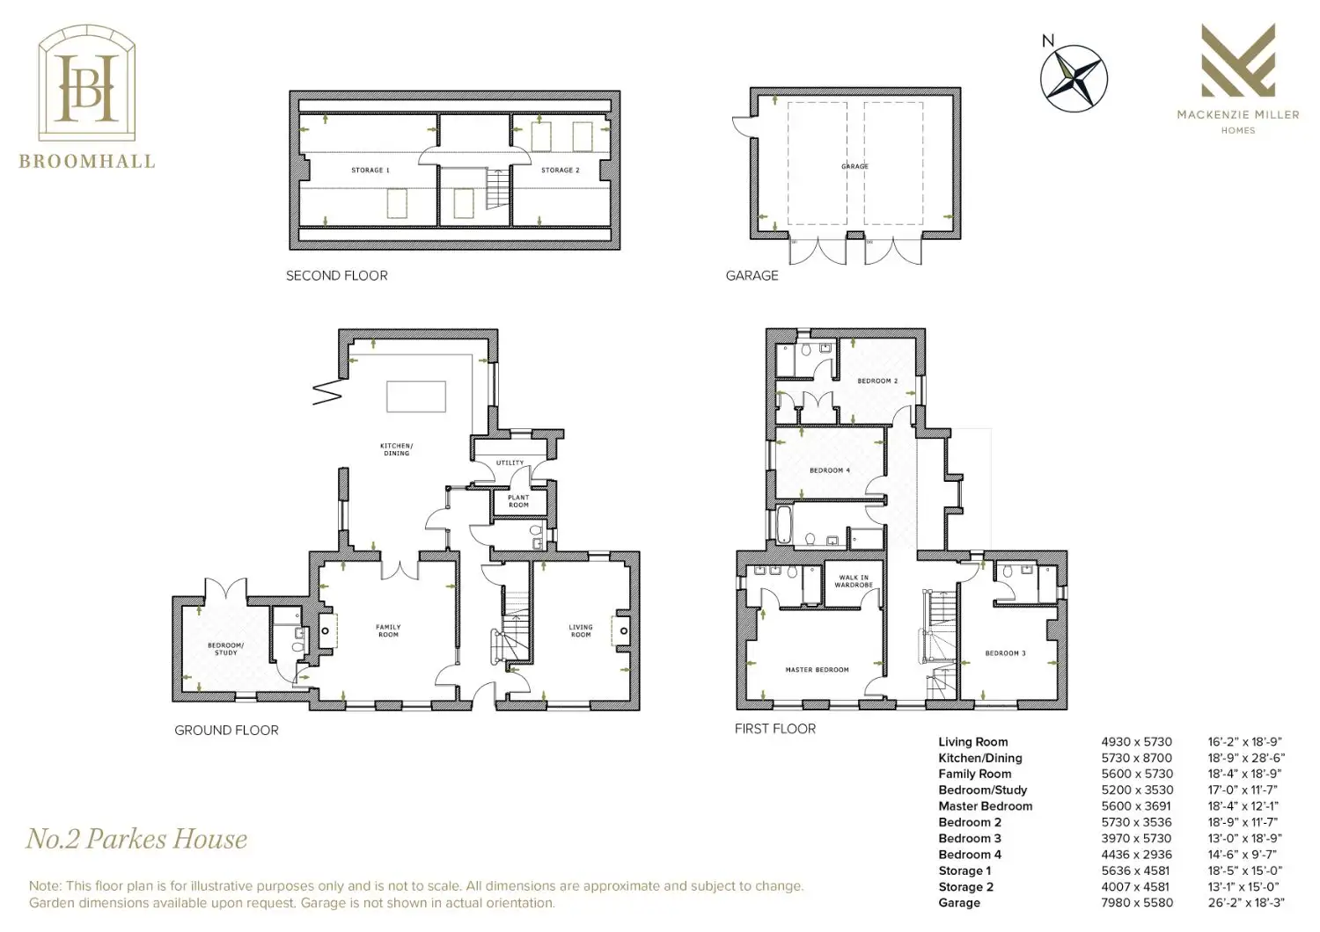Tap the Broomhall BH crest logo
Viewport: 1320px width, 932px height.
(87, 83)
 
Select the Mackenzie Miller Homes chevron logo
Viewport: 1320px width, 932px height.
(1238, 60)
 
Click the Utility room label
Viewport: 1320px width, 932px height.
(510, 462)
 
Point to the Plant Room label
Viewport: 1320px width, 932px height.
(518, 501)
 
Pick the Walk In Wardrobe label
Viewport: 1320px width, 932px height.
(854, 581)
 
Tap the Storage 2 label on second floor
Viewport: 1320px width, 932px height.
(561, 171)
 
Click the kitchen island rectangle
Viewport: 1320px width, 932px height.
(416, 397)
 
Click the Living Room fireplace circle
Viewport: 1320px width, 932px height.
(623, 631)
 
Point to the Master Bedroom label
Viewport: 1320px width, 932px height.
(817, 669)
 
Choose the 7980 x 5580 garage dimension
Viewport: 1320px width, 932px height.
(1137, 903)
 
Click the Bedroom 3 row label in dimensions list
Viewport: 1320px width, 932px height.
(970, 839)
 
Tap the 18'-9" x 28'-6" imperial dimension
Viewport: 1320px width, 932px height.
(1246, 758)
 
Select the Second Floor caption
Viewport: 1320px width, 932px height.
(336, 275)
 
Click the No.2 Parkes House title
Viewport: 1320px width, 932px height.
(136, 839)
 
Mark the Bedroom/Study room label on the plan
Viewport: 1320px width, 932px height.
(225, 649)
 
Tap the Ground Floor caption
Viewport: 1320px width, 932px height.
(226, 730)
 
